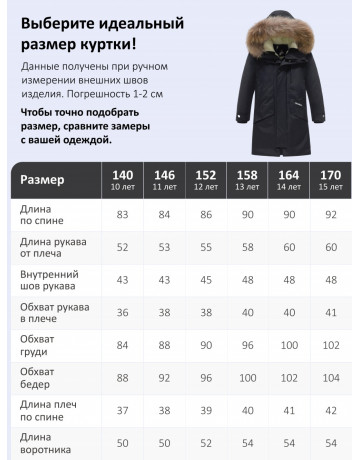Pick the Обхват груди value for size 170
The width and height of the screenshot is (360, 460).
click(x=329, y=346)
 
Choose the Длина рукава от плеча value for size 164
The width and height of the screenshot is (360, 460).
click(x=288, y=248)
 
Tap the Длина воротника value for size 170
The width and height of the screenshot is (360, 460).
click(x=329, y=443)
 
